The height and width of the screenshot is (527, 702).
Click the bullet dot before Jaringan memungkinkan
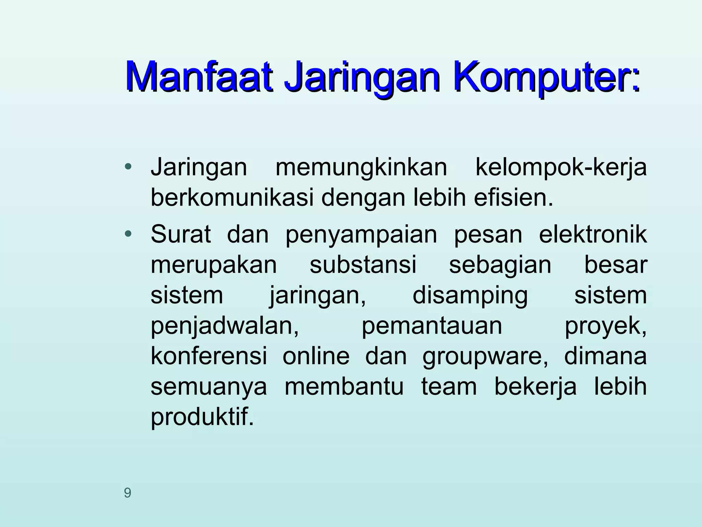[x=128, y=167]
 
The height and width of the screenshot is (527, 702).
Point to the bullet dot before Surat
[x=128, y=234]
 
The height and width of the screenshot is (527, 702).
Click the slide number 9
[x=128, y=493]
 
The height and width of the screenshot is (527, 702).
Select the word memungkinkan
[x=361, y=168]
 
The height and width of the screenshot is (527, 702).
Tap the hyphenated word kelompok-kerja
[x=561, y=168]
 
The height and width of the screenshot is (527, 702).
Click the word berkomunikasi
[x=232, y=198]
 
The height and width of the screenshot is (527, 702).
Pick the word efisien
[x=513, y=198]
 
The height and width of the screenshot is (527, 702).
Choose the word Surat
[x=181, y=234]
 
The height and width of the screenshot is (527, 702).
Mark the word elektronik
[x=593, y=234]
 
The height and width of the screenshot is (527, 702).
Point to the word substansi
[x=363, y=265]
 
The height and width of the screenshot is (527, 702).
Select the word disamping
[x=470, y=296]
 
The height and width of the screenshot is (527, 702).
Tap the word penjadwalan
[x=225, y=326]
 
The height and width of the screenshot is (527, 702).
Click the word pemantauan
[x=432, y=326]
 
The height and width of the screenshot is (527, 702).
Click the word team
[x=449, y=387]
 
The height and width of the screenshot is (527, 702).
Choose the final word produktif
[x=202, y=417]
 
